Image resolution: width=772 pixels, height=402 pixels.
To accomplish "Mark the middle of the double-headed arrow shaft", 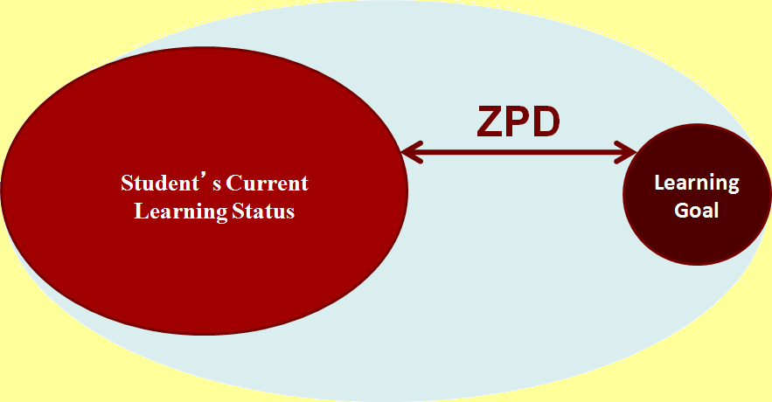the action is (x=518, y=153).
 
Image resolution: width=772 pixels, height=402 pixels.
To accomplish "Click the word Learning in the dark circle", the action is (x=697, y=184).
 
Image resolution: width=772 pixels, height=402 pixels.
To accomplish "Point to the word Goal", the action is (x=697, y=211).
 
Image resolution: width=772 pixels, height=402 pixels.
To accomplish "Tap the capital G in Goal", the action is (x=681, y=211).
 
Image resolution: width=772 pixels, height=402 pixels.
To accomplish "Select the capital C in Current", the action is (x=233, y=184).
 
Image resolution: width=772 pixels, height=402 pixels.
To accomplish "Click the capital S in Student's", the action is (x=128, y=184).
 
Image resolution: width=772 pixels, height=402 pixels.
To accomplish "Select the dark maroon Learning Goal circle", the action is (x=688, y=236).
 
